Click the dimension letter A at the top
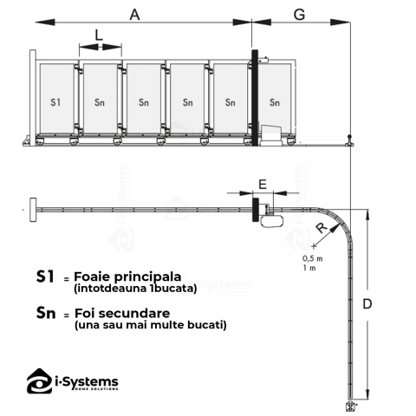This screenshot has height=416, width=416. click(134, 15)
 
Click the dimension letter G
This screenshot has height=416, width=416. click(299, 15)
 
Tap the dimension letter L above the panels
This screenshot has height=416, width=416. click(99, 36)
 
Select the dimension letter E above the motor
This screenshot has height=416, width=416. click(263, 185)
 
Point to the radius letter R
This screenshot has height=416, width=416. click(322, 227)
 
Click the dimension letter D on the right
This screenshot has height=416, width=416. click(367, 304)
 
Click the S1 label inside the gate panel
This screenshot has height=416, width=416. click(55, 102)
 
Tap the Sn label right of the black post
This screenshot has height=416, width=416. click(275, 102)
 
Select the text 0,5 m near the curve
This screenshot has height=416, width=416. click(313, 258)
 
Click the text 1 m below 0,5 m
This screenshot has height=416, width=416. click(309, 268)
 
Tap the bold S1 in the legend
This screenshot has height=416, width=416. click(45, 276)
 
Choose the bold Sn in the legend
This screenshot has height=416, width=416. click(46, 313)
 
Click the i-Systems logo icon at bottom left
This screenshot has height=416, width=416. click(40, 381)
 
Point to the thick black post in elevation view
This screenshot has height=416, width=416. click(255, 98)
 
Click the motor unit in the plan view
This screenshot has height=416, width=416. click(271, 221)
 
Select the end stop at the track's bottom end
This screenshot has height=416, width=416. click(351, 406)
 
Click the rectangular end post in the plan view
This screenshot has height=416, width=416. click(33, 210)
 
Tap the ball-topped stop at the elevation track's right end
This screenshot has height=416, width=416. click(350, 140)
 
